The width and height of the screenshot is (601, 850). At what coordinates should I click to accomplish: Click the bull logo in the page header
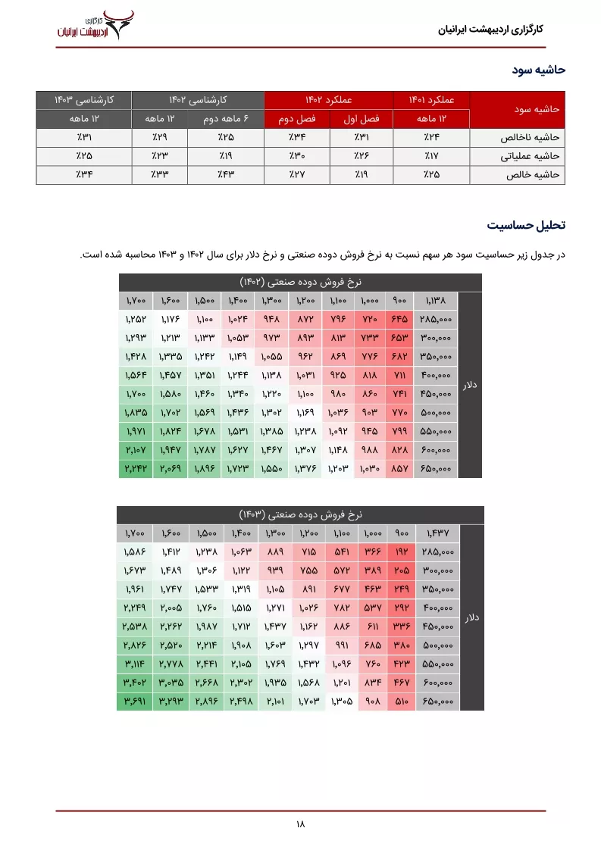[x=117, y=16]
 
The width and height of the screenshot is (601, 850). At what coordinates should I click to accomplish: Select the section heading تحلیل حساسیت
[x=526, y=226]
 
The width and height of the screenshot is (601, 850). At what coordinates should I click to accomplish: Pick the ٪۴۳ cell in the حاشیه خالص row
[x=226, y=174]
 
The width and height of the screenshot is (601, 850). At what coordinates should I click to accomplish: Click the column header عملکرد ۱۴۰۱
[x=431, y=100]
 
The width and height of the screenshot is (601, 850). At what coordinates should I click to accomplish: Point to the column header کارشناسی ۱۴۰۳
[x=83, y=100]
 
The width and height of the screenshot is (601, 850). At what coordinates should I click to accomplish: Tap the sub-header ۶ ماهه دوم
[x=226, y=119]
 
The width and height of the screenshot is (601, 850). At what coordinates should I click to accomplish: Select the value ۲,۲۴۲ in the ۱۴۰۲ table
[x=136, y=469]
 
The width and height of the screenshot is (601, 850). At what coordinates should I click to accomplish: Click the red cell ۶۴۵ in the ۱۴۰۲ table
[x=399, y=320]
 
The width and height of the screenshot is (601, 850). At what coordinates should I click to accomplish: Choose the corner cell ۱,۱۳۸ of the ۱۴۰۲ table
[x=436, y=301]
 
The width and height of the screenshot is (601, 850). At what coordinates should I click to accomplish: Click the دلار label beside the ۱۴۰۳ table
[x=471, y=618]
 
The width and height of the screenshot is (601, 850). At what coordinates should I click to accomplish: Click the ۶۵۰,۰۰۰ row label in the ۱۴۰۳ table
[x=437, y=702]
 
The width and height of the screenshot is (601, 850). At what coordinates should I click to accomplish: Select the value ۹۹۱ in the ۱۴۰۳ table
[x=343, y=645]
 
